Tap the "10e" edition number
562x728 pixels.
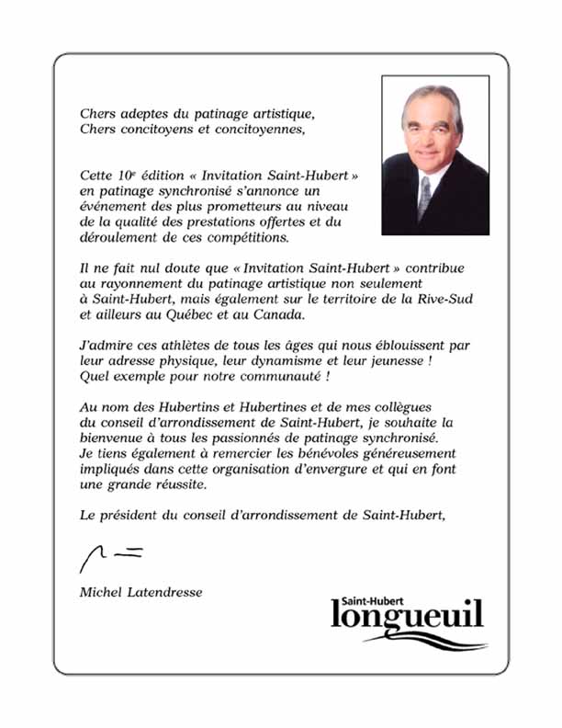coord(123,174)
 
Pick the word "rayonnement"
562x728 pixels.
coord(134,284)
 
